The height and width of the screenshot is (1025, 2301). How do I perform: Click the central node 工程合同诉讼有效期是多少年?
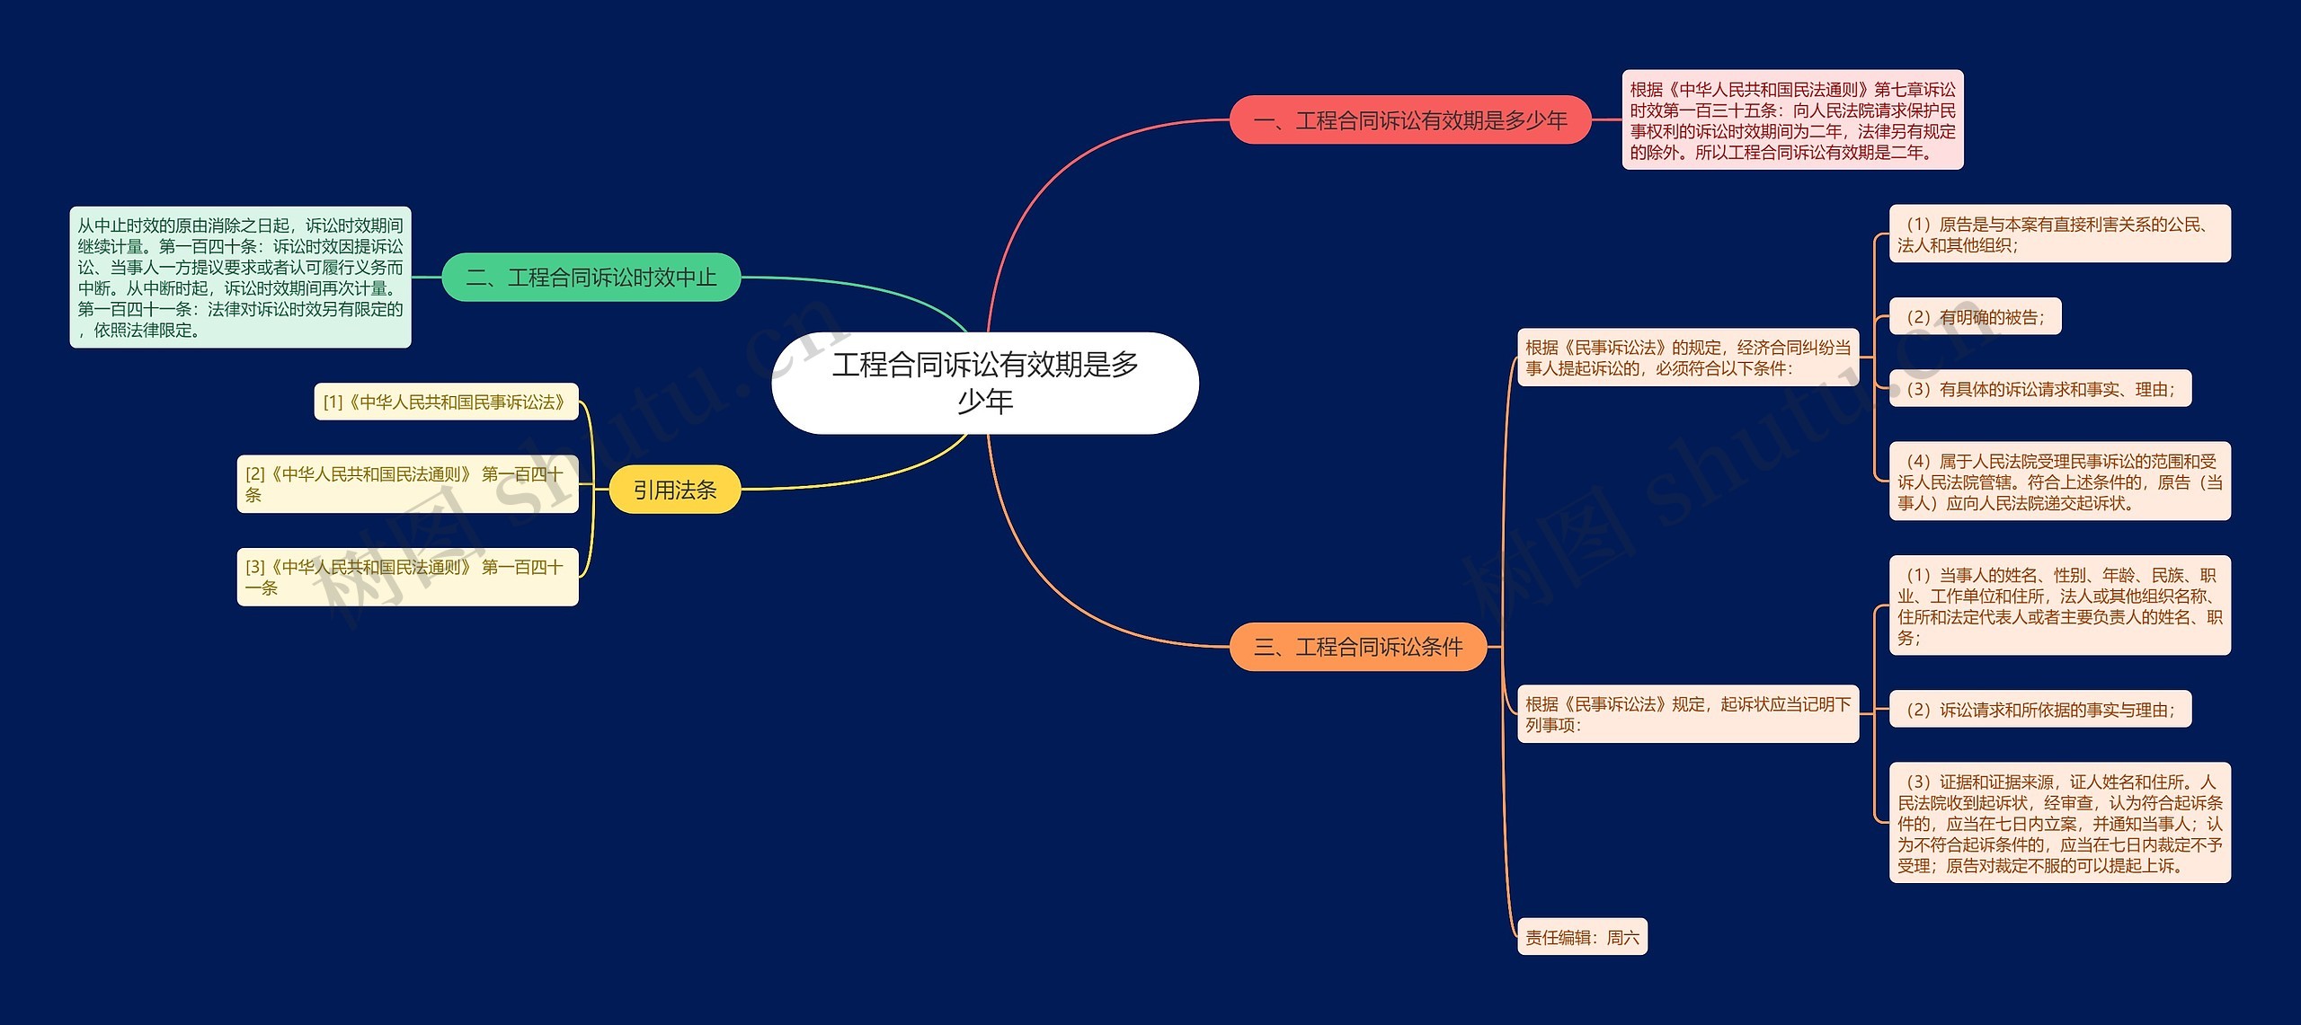(985, 383)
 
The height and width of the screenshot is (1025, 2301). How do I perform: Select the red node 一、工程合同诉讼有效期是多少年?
(1409, 120)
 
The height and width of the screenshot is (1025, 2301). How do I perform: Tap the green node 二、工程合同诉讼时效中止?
(591, 278)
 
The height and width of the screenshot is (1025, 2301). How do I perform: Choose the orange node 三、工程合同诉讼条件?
(1357, 647)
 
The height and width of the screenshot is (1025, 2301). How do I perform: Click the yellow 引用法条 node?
(674, 490)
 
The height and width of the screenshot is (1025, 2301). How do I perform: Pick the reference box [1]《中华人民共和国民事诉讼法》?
(445, 402)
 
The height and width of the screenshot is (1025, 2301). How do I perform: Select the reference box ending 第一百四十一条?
(407, 577)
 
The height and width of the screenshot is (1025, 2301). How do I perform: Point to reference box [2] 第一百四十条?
(407, 484)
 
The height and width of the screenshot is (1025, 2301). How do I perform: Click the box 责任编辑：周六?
(1582, 937)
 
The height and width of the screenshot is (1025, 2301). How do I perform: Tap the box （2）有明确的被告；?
(1975, 316)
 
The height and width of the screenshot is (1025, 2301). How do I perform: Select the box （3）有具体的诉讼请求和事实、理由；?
(2039, 389)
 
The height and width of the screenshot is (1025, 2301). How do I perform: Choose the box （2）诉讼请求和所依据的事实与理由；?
(2039, 710)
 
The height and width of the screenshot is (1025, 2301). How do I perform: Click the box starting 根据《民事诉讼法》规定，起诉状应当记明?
(1687, 714)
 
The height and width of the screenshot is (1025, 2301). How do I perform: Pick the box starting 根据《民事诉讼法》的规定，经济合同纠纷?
(1687, 358)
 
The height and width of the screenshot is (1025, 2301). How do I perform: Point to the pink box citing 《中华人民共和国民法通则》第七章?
(1791, 120)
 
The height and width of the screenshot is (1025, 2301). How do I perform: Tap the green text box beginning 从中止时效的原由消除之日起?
(240, 278)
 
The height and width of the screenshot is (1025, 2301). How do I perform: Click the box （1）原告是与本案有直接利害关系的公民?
(2059, 234)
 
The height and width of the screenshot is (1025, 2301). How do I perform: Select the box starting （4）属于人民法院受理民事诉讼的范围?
(2059, 482)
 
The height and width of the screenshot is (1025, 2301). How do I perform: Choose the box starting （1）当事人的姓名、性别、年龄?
(2059, 605)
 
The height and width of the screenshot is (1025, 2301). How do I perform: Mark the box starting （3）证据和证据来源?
(2059, 823)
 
